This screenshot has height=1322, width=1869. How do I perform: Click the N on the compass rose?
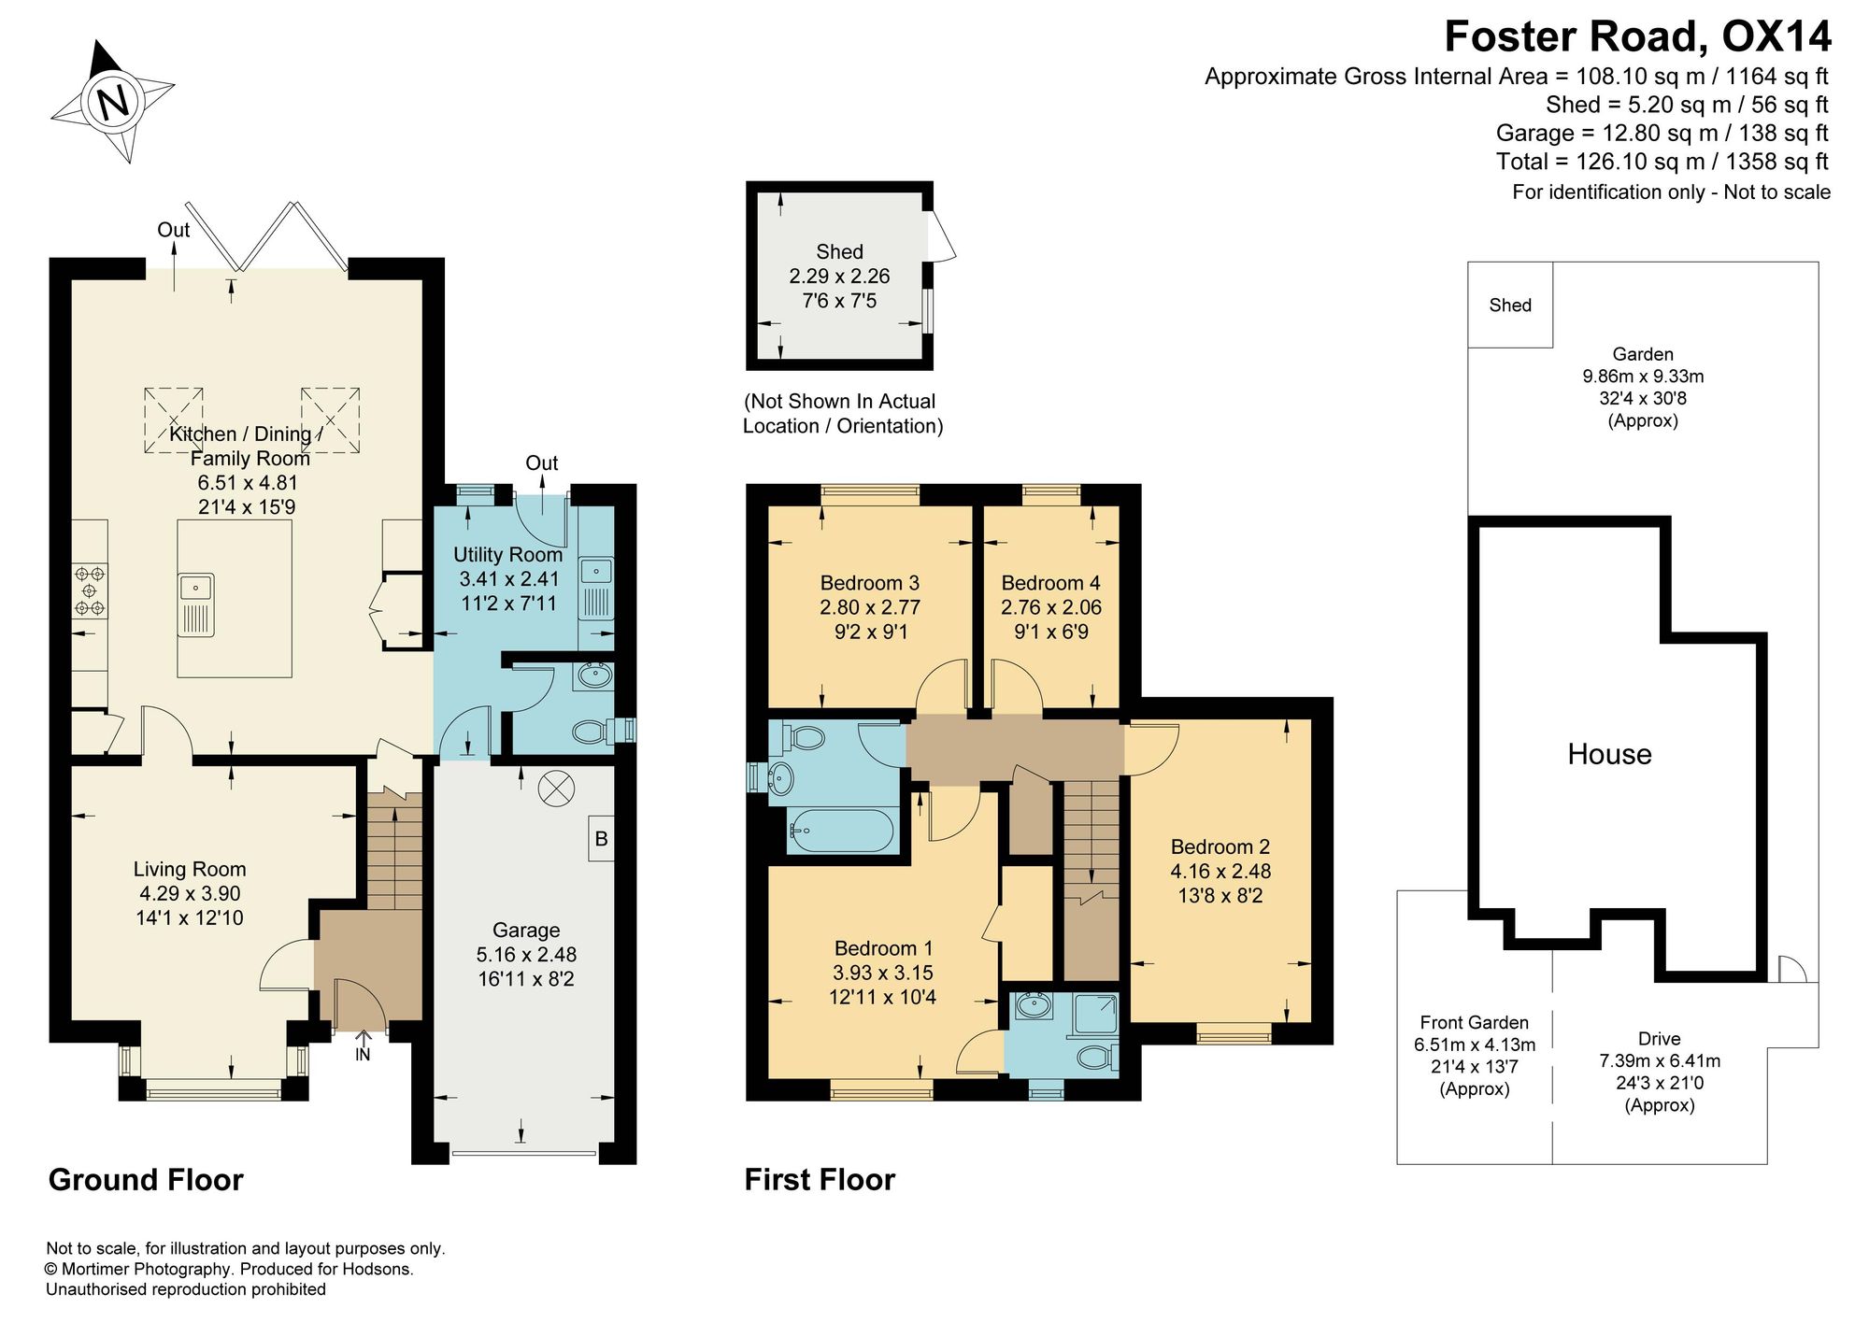point(113,101)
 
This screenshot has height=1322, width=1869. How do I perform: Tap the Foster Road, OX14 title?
point(1637,37)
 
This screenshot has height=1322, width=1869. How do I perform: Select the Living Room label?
point(190,869)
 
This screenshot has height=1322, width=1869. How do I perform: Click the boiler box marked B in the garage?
point(601,839)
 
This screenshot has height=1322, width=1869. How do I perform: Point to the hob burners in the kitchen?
point(90,590)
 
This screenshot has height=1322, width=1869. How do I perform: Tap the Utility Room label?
point(507,554)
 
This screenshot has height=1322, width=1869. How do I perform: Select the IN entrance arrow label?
point(363,1055)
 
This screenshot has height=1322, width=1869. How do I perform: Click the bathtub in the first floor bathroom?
point(842,830)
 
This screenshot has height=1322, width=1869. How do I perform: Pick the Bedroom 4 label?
point(1050,583)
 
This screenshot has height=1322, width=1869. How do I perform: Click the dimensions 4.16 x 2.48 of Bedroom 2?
point(1220,872)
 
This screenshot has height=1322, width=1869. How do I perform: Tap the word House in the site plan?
point(1609,754)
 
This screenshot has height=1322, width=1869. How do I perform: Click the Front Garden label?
point(1475,1023)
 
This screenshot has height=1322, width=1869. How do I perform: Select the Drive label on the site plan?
point(1660,1039)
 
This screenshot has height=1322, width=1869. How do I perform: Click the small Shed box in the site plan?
point(1510,305)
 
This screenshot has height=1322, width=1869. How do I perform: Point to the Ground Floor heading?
point(146,1180)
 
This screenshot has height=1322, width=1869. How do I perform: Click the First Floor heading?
point(820,1180)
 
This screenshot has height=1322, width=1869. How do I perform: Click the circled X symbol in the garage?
point(555,789)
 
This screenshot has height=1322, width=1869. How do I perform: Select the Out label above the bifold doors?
point(173,230)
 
